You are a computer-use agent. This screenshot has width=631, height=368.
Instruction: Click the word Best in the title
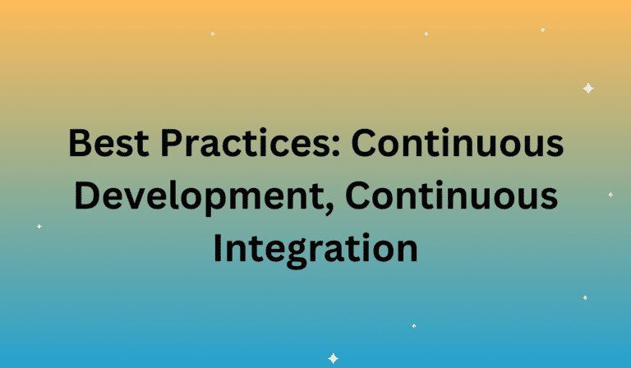tap(108, 143)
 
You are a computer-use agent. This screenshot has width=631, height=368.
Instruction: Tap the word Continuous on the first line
tap(458, 143)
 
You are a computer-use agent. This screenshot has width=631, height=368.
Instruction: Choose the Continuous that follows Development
tap(452, 195)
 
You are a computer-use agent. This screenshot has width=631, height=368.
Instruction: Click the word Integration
tap(315, 249)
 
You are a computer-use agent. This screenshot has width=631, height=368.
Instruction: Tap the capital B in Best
tap(81, 143)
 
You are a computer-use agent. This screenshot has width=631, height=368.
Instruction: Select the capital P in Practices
tap(172, 143)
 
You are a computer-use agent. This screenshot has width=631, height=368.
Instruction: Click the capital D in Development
tap(87, 195)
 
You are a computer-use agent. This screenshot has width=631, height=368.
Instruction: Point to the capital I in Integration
tap(217, 249)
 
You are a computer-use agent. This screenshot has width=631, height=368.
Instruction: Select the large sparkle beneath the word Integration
tap(334, 358)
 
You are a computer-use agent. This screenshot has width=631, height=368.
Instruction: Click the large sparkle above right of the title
tap(588, 89)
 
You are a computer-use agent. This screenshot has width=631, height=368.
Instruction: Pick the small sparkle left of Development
tap(39, 227)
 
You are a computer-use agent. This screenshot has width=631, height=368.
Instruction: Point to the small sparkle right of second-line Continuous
tap(611, 195)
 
